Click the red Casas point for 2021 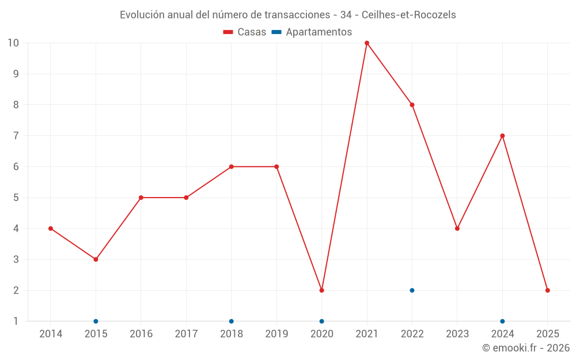[x=367, y=43]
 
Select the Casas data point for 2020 [x=321, y=290]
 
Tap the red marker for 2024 [x=502, y=136]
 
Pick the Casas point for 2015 [x=96, y=259]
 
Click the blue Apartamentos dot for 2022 [x=412, y=290]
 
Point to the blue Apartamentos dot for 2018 [x=232, y=321]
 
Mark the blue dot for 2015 [x=96, y=321]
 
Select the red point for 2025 [x=547, y=290]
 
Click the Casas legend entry [x=245, y=32]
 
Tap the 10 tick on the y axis [x=13, y=43]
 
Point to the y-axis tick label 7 [x=16, y=136]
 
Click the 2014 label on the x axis [x=51, y=334]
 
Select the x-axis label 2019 [x=276, y=334]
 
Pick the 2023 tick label [x=457, y=334]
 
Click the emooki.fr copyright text [x=526, y=348]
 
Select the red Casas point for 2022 [x=412, y=105]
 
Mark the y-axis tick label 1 [x=16, y=321]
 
